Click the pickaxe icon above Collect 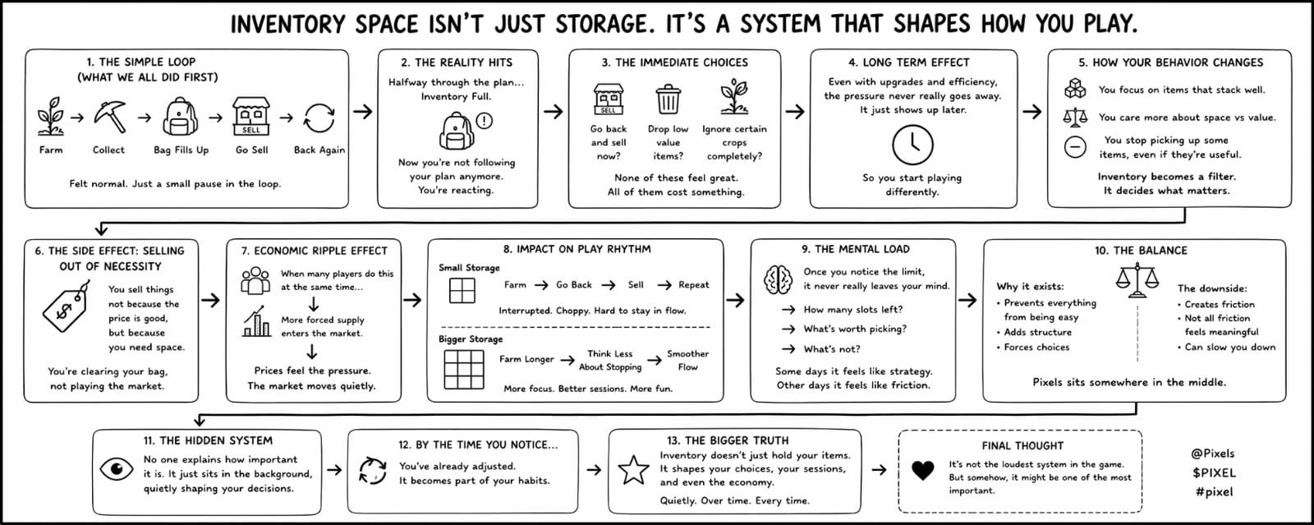point(109,117)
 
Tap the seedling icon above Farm point(51,117)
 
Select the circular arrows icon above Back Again point(319,117)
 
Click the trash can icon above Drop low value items point(668,99)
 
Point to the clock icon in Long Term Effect point(912,145)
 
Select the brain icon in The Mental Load point(777,280)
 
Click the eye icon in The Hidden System point(117,469)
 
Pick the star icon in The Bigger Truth point(633,470)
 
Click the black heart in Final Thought point(923,470)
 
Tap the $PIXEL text point(1213,472)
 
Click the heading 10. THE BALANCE point(1140,251)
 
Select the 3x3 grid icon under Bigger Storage point(464,369)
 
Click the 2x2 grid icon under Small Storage point(462,290)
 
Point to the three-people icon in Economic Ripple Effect point(255,280)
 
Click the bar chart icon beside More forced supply point(257,323)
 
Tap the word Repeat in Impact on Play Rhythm point(693,285)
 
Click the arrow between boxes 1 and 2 point(362,111)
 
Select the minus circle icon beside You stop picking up point(1075,147)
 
